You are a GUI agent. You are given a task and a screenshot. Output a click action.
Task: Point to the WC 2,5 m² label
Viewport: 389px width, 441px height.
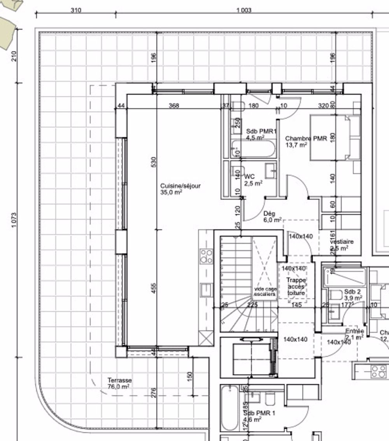point(253,180)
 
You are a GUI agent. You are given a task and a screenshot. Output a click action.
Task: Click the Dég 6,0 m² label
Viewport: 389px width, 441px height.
point(272,217)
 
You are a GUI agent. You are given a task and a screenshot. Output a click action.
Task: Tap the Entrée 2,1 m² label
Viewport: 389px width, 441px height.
point(354,334)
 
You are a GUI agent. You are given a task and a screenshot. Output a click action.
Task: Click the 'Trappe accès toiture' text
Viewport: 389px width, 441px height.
point(296,286)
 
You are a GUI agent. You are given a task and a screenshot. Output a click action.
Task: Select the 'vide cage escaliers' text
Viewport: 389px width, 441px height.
point(265,292)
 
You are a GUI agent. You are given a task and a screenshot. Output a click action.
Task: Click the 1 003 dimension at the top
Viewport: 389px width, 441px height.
point(244,11)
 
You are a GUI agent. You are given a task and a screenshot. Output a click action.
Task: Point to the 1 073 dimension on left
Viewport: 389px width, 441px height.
point(14,220)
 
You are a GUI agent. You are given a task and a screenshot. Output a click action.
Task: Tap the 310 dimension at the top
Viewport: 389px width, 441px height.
point(76,11)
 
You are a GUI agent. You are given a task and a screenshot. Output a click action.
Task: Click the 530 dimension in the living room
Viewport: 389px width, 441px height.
point(153,162)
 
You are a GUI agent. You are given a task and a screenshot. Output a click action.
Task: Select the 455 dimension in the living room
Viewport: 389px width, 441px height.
point(153,288)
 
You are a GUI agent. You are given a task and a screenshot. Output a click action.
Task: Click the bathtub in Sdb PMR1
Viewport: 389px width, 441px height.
point(253,149)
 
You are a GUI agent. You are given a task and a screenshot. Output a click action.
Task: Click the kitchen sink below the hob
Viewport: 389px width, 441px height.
point(206,290)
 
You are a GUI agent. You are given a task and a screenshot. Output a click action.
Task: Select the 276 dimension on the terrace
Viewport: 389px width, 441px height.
point(153,392)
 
